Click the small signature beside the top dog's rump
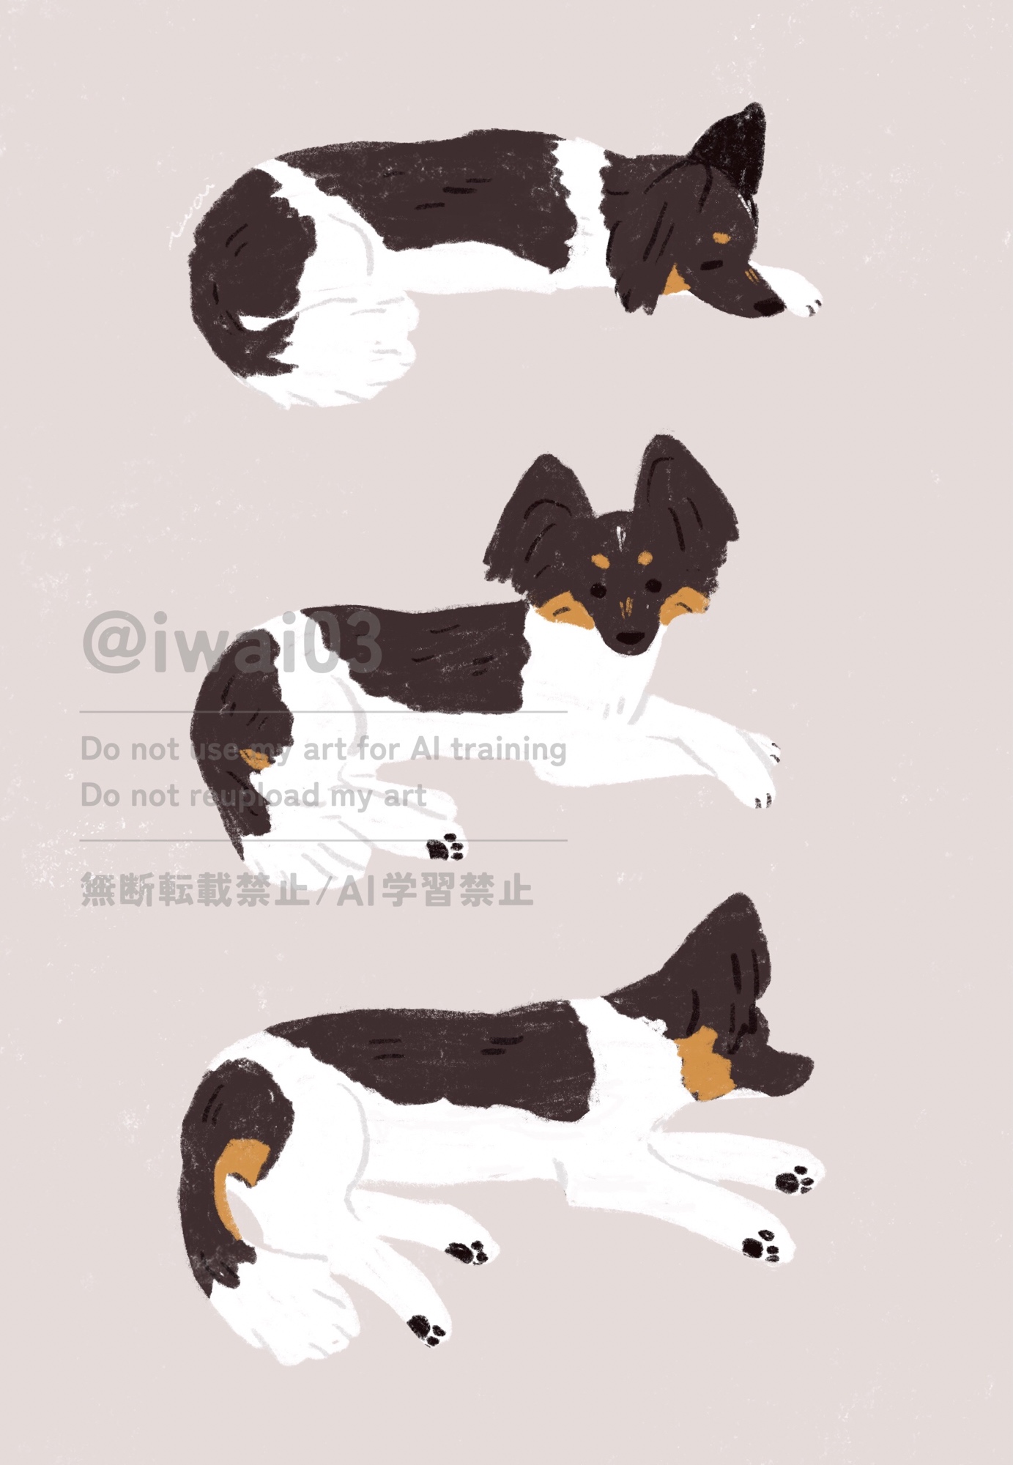tap(189, 213)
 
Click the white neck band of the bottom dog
tap(630, 1055)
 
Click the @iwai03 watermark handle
tap(231, 643)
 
